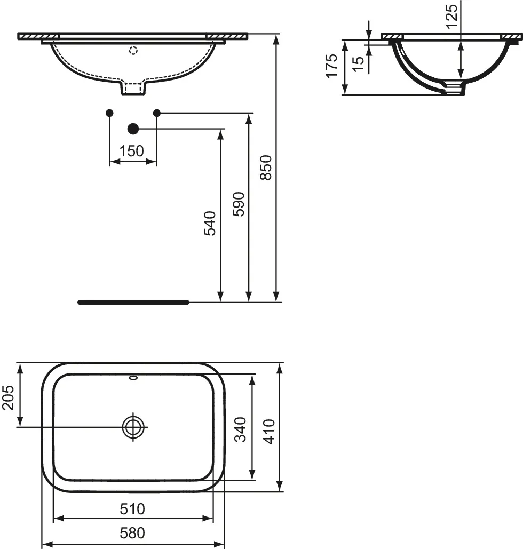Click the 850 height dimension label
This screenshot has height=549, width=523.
[266, 168]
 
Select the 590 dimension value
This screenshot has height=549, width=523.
[239, 204]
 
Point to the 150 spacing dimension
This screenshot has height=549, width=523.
[132, 151]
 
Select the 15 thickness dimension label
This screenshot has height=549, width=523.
[359, 62]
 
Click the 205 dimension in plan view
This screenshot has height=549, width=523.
[8, 397]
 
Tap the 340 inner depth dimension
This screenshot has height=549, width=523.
[241, 430]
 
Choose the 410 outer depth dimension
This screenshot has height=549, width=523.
[269, 431]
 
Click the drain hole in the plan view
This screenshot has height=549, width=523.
[133, 426]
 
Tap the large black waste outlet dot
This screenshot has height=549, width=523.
[133, 129]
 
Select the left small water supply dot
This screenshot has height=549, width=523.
[109, 113]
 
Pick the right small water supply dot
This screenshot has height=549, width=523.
[157, 113]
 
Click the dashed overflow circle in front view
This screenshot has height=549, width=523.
[133, 51]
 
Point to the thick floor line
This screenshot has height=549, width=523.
[133, 302]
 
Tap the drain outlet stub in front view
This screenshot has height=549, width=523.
[133, 88]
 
